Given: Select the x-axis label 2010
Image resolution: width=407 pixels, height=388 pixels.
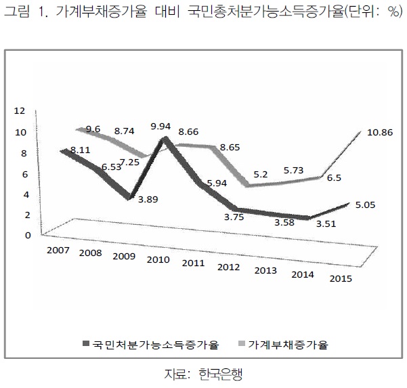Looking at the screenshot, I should [158, 260].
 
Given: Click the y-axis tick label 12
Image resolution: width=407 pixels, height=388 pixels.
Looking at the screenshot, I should [19, 110].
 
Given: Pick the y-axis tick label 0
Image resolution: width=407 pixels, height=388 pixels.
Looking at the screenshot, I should [27, 235].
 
